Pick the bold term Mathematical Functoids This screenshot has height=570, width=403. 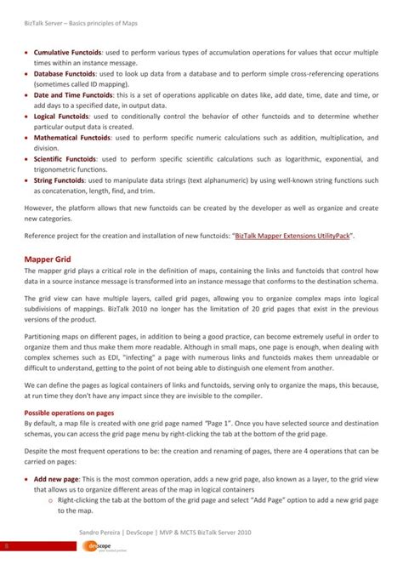73,135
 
